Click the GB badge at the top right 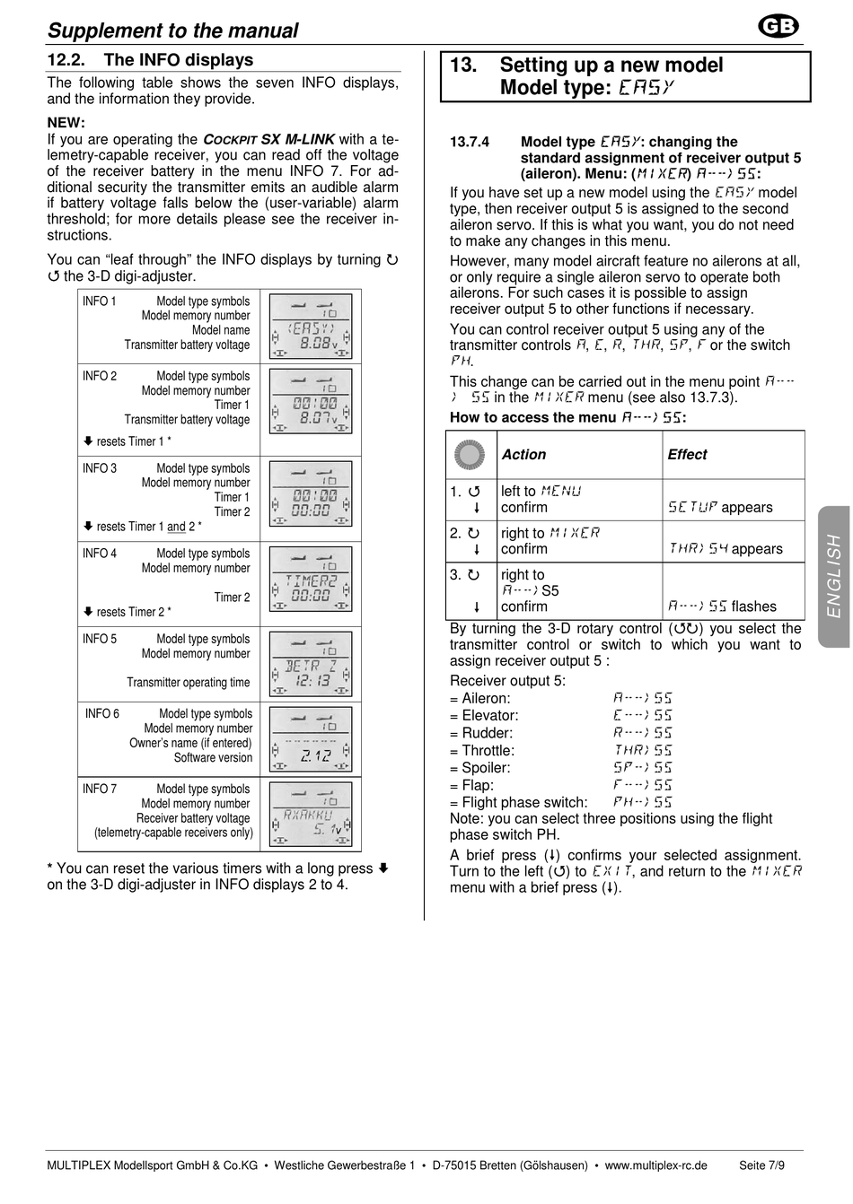pos(778,28)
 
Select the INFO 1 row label pos(100,301)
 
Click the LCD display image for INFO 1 pos(311,327)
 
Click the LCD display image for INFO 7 pos(311,815)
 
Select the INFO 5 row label pos(100,639)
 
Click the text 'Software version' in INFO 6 pos(213,757)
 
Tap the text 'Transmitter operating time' pos(188,682)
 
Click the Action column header pos(523,455)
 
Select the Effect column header pos(687,455)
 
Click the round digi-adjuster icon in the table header pos(470,455)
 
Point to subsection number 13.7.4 pos(470,142)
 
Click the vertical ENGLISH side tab pos(834,576)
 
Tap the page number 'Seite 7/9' pos(761,1165)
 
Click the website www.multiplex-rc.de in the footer pos(655,1165)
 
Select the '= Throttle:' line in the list pos(482,751)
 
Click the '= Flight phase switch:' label pos(519,803)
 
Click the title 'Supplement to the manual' pos(172,31)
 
